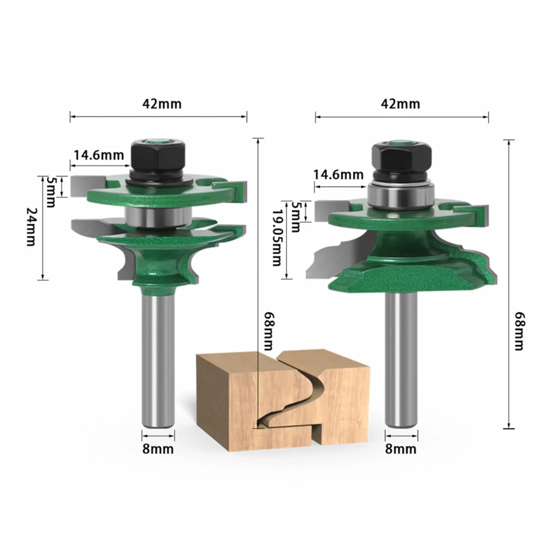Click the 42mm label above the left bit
click(x=162, y=104)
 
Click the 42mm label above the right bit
click(x=400, y=104)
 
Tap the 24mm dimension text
click(x=31, y=227)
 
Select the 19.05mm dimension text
click(x=277, y=237)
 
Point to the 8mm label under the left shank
click(x=158, y=449)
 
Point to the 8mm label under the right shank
click(x=401, y=449)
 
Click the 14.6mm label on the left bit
click(x=99, y=155)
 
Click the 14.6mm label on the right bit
click(x=338, y=175)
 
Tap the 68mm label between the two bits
click(x=269, y=331)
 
